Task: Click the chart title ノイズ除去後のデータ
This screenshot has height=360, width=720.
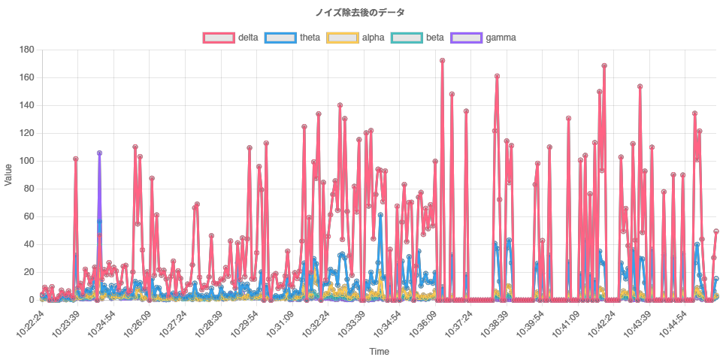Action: coord(360,12)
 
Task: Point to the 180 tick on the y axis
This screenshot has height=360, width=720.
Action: coord(27,50)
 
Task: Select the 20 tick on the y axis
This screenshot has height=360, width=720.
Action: coord(29,272)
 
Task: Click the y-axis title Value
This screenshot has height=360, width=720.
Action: coord(8,174)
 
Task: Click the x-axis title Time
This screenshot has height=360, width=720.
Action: coord(379,351)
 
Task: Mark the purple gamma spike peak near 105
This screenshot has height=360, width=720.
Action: coord(99,153)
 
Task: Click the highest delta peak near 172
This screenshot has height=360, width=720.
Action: coord(442,61)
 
